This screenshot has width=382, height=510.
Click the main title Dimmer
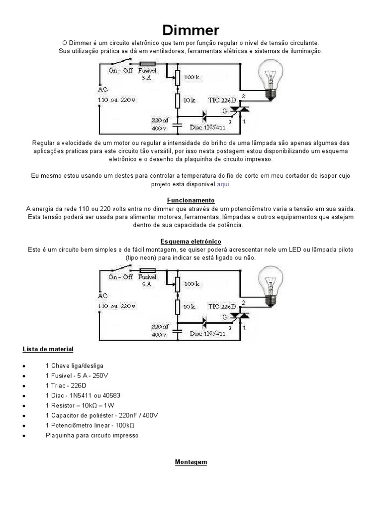click(x=191, y=30)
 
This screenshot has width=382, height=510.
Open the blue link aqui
click(x=223, y=184)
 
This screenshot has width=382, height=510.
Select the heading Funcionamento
click(x=191, y=200)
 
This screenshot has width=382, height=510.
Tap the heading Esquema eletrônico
click(x=191, y=241)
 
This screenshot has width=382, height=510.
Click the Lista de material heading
click(x=48, y=349)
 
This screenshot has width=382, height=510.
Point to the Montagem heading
click(x=191, y=462)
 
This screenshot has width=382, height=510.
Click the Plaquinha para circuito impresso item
click(x=92, y=435)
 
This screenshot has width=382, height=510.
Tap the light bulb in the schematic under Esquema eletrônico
click(x=271, y=284)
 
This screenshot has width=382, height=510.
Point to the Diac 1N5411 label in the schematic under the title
click(x=207, y=127)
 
